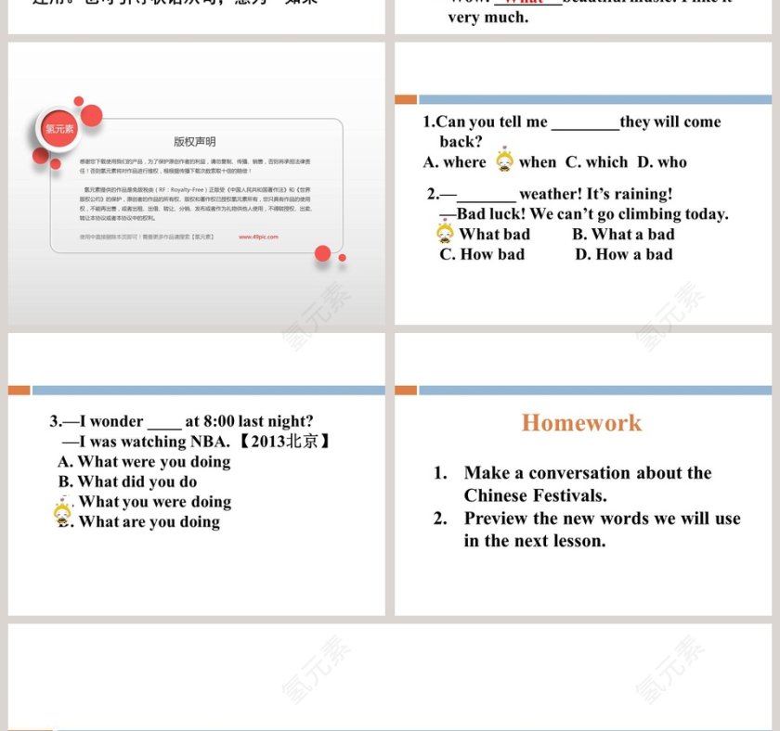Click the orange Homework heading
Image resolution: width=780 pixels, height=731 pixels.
click(581, 423)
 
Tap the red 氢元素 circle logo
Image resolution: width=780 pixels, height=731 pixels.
click(59, 129)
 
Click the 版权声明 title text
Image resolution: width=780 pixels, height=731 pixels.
click(194, 142)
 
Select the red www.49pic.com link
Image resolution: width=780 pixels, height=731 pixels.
click(258, 237)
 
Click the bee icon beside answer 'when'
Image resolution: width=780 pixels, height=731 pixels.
click(504, 161)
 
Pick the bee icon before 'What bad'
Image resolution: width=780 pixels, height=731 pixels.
click(446, 233)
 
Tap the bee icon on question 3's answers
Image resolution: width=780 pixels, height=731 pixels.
click(62, 512)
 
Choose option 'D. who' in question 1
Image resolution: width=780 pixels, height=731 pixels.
click(662, 162)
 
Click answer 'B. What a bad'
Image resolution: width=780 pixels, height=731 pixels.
click(623, 235)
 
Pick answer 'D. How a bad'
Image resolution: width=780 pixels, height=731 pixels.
click(623, 254)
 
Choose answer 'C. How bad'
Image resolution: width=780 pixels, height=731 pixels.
click(482, 254)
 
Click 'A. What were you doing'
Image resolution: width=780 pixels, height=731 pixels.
click(144, 462)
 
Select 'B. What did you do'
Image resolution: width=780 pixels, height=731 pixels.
click(127, 481)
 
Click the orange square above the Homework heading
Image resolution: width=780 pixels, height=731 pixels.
click(406, 391)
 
